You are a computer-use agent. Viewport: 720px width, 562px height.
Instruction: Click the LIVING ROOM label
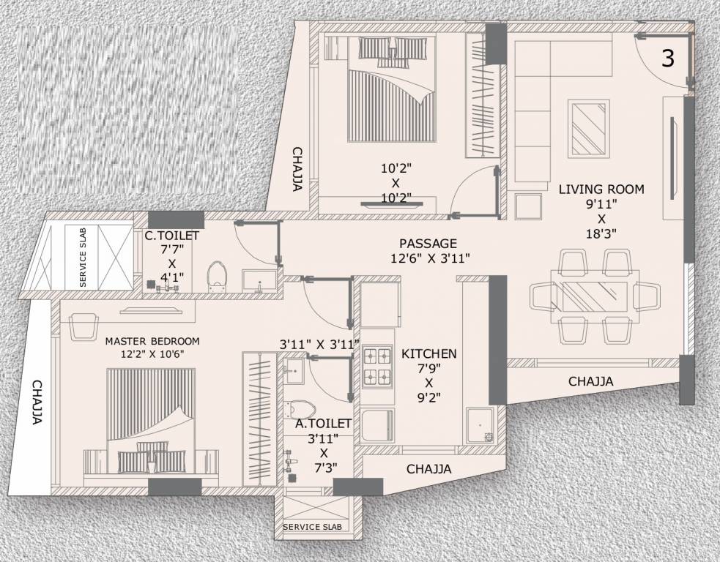(x=601, y=189)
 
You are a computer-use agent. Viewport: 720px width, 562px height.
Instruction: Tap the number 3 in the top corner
(x=667, y=59)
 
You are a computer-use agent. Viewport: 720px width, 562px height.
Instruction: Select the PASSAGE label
(x=428, y=243)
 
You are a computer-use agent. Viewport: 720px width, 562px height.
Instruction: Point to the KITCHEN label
(x=428, y=353)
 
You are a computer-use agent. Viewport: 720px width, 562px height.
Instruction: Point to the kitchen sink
(x=480, y=427)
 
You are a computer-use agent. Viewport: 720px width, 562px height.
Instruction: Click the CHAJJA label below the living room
(x=590, y=381)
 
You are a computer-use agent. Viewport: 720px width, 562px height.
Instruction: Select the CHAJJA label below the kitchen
(x=428, y=468)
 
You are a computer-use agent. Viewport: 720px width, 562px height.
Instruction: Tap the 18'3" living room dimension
(x=601, y=234)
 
